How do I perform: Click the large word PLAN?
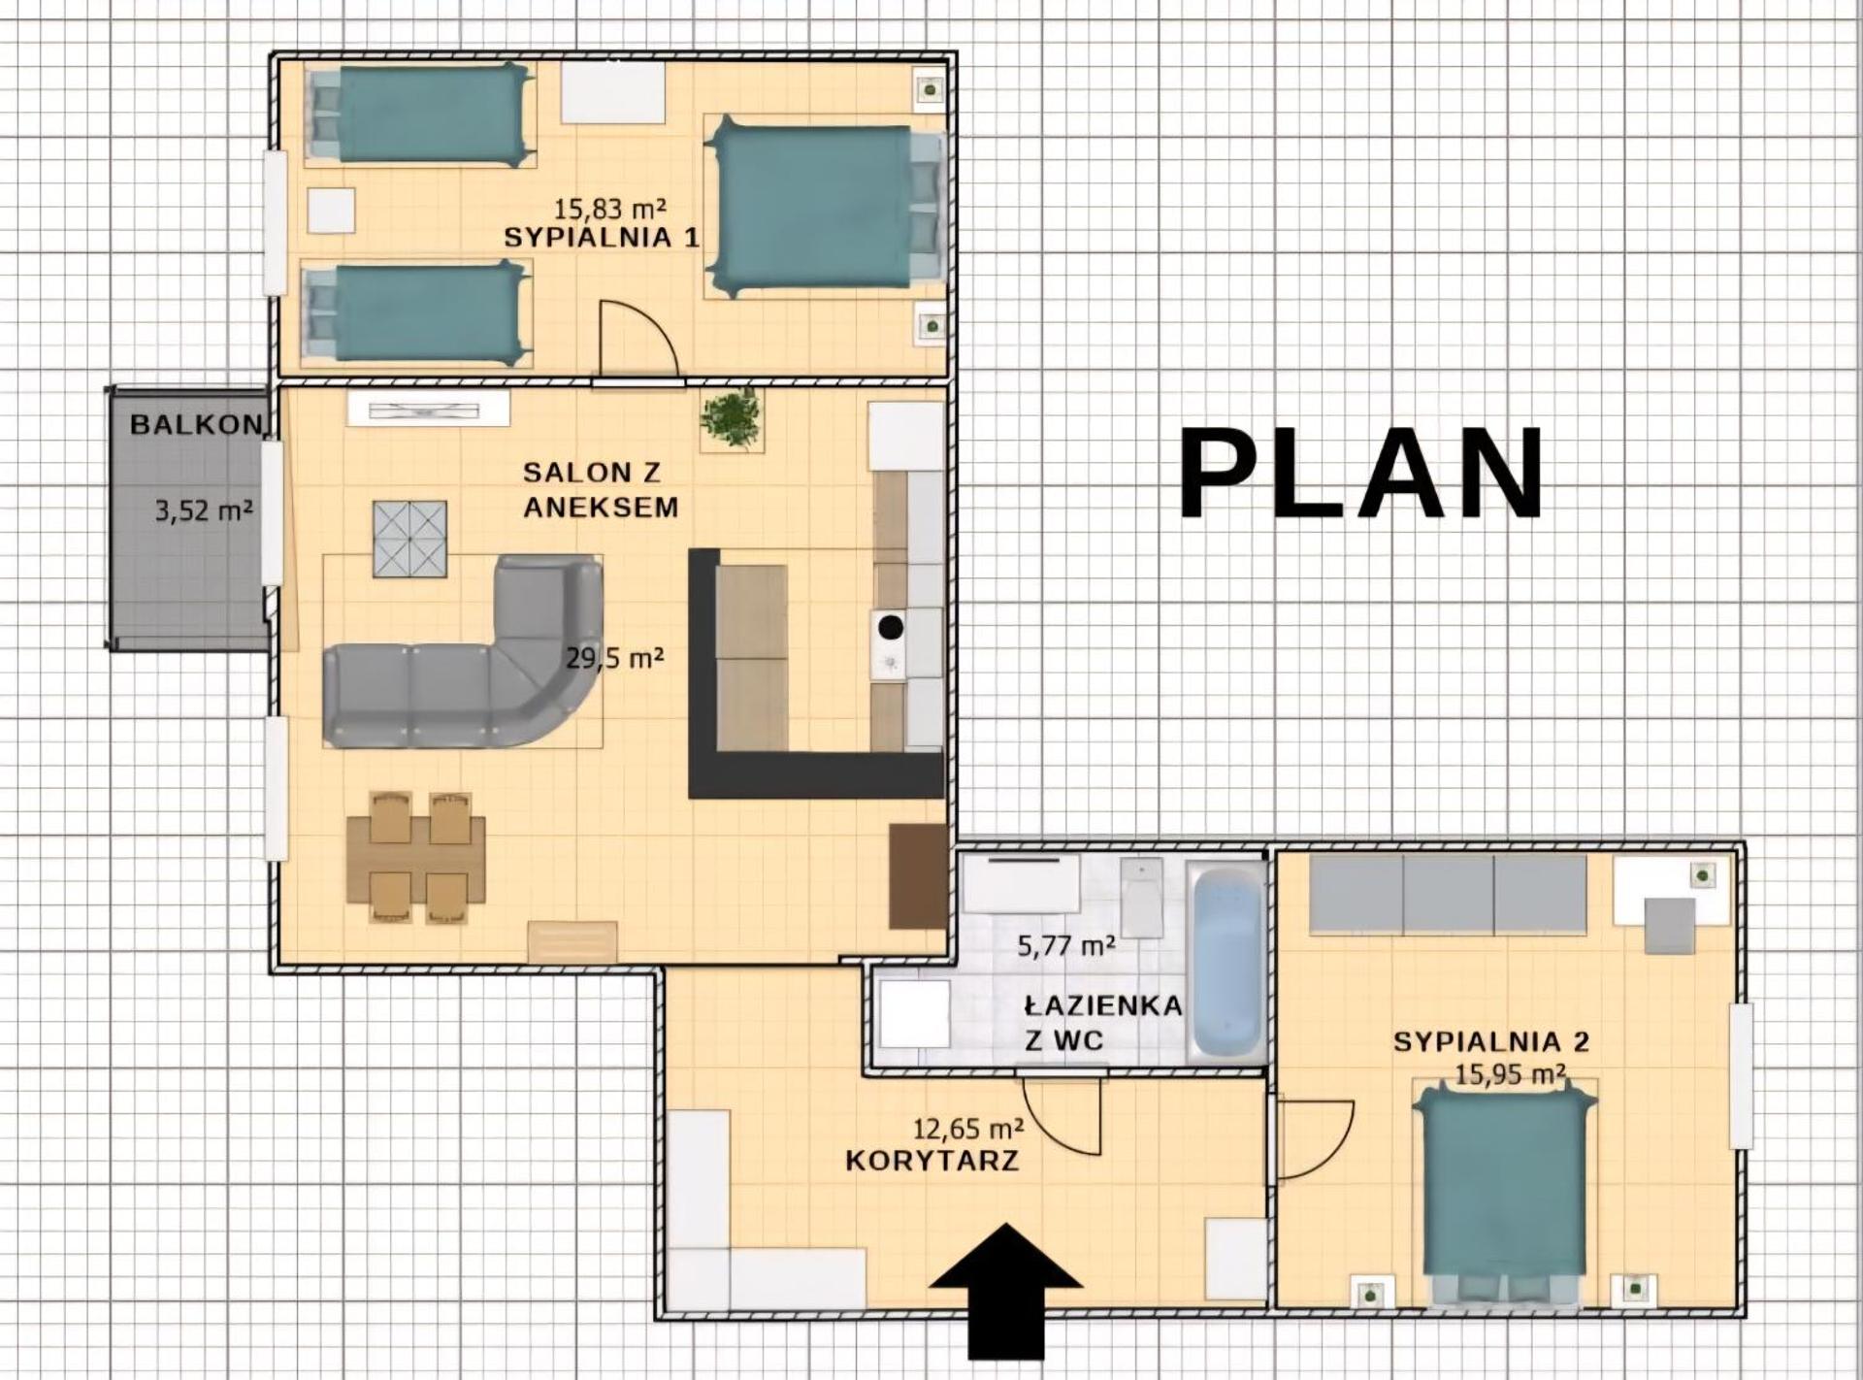tap(1360, 476)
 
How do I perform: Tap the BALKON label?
tap(196, 424)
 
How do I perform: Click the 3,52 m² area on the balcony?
tap(204, 510)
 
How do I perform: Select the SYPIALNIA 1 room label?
tap(602, 238)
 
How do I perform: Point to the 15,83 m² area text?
tap(609, 208)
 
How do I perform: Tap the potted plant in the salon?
tap(731, 419)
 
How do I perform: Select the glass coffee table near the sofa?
tap(409, 540)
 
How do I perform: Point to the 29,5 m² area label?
tap(614, 658)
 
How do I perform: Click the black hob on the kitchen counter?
tap(890, 627)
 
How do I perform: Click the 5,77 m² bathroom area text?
tap(1065, 944)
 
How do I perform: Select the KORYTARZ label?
tap(931, 1161)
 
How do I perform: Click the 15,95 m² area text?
tap(1510, 1074)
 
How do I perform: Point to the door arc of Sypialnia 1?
tap(637, 339)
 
